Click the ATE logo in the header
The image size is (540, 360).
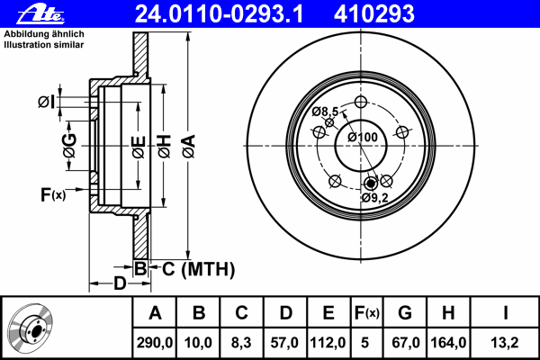pyautogui.click(x=40, y=14)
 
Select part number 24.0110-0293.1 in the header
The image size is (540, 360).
pyautogui.click(x=219, y=13)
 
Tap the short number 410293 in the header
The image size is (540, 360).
pyautogui.click(x=374, y=13)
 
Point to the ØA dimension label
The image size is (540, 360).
pyautogui.click(x=189, y=147)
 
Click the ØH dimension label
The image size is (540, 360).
pyautogui.click(x=165, y=147)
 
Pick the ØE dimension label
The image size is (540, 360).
pyautogui.click(x=139, y=147)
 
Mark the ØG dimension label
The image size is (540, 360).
pyautogui.click(x=70, y=146)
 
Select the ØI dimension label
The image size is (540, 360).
pyautogui.click(x=46, y=102)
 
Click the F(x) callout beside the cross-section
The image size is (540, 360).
pyautogui.click(x=53, y=194)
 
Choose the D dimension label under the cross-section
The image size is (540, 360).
pyautogui.click(x=120, y=283)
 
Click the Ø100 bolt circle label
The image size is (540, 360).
pyautogui.click(x=363, y=137)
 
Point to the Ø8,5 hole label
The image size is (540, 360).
pyautogui.click(x=325, y=112)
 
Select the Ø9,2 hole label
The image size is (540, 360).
pyautogui.click(x=375, y=198)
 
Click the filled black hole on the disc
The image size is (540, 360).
pyautogui.click(x=371, y=184)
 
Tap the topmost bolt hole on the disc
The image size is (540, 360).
pyautogui.click(x=361, y=102)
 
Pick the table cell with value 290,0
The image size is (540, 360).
pyautogui.click(x=155, y=343)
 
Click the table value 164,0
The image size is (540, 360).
pyautogui.click(x=448, y=343)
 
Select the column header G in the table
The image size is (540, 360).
pyautogui.click(x=405, y=313)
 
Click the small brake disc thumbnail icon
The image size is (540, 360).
pyautogui.click(x=31, y=329)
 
